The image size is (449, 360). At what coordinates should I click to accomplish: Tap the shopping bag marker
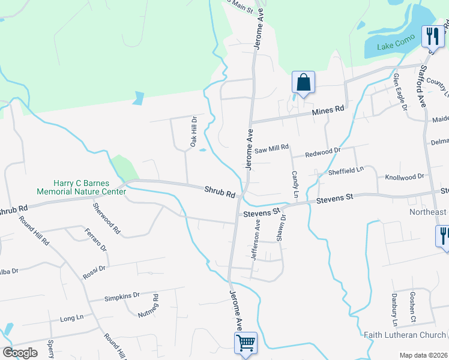303,83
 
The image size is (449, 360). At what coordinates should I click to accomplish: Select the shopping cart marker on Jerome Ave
246,344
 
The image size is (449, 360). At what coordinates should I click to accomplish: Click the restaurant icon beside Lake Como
432,37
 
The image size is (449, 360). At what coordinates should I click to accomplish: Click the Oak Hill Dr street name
194,132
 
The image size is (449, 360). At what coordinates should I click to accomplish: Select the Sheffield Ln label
346,171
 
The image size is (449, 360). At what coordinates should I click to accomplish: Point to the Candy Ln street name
295,184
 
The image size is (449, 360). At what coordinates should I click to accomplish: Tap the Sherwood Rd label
106,218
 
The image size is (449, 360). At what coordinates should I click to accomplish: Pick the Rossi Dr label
94,272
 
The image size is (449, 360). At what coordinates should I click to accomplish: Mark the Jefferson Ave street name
258,239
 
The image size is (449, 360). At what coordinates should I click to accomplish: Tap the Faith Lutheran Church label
405,334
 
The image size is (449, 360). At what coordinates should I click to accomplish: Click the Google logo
20,353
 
